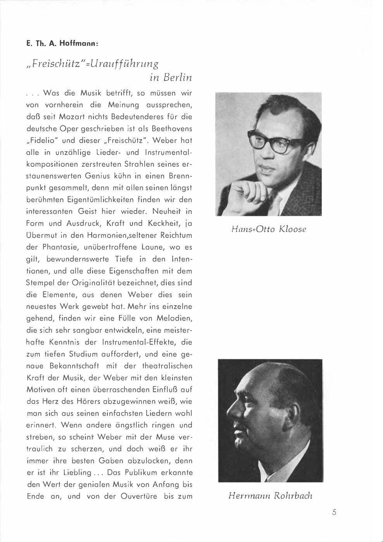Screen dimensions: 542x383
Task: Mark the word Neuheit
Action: [167, 211]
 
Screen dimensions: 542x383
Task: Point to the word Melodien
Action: [174, 318]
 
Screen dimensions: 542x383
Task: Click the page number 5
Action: [334, 513]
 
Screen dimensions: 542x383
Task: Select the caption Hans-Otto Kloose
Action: [269, 229]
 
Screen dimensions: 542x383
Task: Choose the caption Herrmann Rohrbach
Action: [270, 496]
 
